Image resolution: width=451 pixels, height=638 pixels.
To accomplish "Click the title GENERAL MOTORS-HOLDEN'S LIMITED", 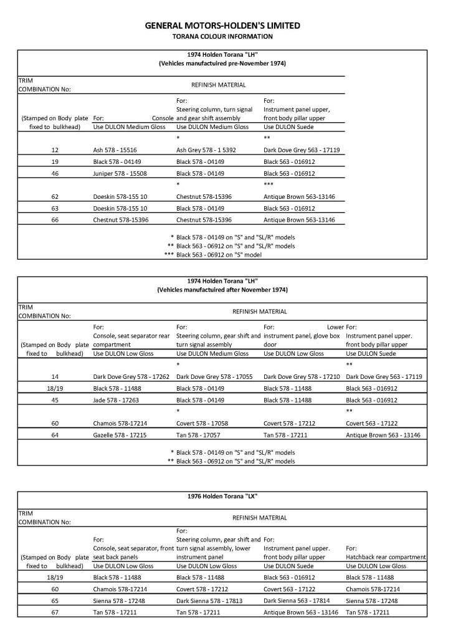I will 222,26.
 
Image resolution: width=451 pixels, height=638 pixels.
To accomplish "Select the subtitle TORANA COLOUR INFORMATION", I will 222,37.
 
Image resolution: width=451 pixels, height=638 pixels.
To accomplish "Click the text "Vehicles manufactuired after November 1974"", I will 222,290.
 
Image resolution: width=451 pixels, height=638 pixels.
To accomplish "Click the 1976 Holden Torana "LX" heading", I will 222,496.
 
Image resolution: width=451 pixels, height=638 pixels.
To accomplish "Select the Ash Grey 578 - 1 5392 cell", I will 206,150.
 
